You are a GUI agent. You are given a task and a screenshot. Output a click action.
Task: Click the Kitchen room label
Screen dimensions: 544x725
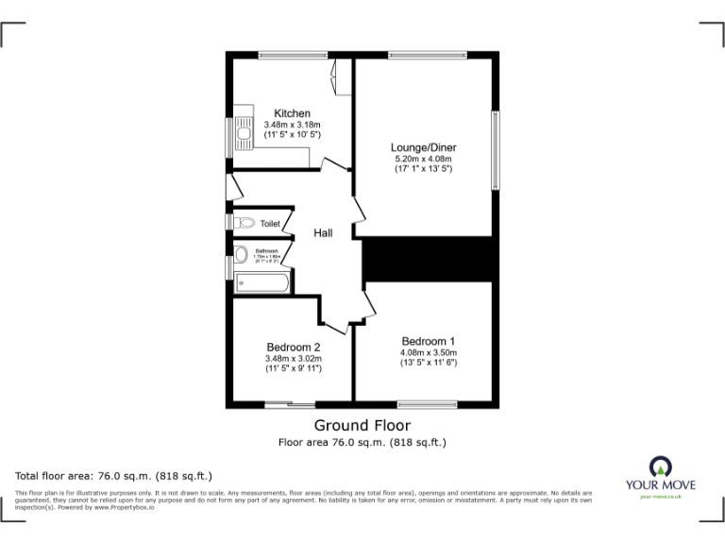point(292,113)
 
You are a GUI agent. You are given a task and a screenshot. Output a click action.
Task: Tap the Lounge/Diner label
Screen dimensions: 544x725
point(423,147)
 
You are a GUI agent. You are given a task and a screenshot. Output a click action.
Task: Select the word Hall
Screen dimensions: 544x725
point(324,233)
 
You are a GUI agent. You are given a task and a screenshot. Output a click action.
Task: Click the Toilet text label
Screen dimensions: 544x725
point(270,224)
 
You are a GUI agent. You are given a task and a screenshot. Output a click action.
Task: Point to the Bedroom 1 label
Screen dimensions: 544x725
point(428,341)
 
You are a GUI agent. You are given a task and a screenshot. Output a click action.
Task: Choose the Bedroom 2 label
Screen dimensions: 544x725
point(294,347)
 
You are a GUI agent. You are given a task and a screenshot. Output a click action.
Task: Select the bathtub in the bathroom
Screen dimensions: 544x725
point(262,281)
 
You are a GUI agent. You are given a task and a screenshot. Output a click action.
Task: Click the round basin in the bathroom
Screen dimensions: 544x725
point(242,254)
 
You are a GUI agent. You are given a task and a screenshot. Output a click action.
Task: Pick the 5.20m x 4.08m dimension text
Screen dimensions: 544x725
point(423,159)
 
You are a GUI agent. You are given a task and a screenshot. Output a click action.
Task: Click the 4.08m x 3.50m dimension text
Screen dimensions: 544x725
point(428,352)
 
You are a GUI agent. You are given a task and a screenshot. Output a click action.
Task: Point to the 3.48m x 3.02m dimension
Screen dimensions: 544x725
point(294,358)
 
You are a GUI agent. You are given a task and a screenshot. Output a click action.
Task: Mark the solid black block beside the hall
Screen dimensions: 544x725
point(430,259)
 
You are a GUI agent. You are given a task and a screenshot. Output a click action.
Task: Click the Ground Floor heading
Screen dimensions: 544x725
point(362,426)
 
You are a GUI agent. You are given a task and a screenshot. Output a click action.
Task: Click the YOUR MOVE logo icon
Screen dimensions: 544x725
point(661,466)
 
